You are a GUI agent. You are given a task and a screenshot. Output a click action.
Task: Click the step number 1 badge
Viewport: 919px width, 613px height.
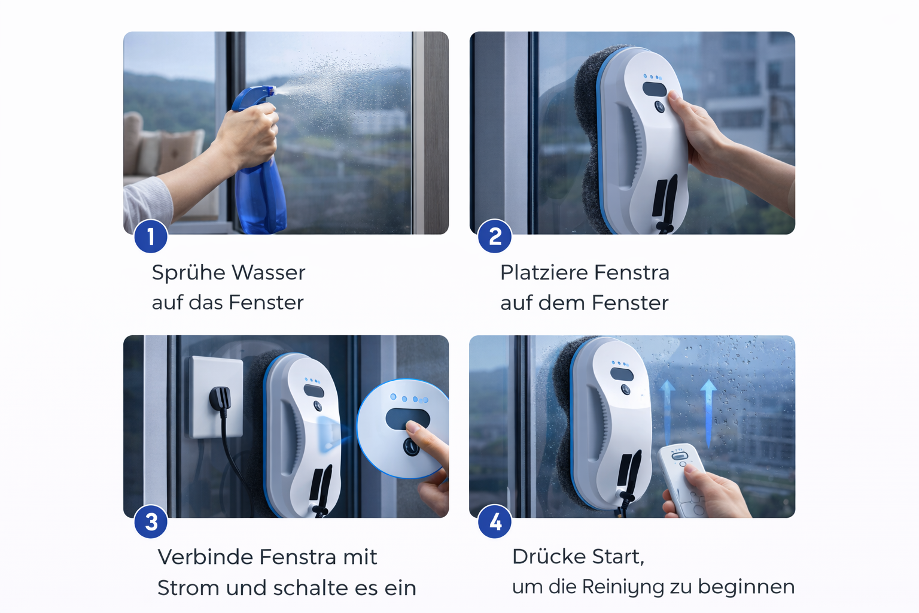(151, 236)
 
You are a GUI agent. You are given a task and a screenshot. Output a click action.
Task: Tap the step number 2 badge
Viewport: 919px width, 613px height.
(495, 236)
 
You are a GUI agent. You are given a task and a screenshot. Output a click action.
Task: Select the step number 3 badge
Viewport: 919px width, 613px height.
(151, 522)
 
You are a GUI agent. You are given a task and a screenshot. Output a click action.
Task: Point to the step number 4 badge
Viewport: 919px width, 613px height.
(495, 522)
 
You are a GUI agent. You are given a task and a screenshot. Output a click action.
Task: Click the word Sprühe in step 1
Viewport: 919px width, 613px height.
(187, 273)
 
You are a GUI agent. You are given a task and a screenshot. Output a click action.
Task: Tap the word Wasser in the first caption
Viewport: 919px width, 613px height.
(269, 272)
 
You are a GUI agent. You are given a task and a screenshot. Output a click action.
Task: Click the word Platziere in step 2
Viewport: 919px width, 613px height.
(544, 272)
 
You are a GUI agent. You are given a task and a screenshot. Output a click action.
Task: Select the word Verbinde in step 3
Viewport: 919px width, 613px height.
(205, 557)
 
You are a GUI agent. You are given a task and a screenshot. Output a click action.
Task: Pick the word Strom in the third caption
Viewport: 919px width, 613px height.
(188, 588)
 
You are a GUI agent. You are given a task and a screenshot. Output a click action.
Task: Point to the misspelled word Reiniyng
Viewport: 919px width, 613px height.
(623, 587)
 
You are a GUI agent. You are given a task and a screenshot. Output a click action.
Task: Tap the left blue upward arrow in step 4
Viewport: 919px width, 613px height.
(668, 412)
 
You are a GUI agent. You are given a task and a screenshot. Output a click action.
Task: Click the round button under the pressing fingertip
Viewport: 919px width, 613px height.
(411, 447)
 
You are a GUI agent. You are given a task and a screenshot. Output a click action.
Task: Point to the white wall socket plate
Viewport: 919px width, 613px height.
(215, 397)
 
